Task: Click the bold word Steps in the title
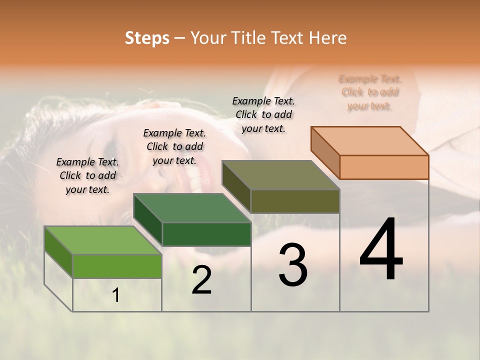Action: (x=146, y=38)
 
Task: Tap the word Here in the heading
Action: (x=328, y=38)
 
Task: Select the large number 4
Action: (x=381, y=250)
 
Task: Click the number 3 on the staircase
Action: (x=293, y=265)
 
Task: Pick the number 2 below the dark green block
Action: (x=201, y=280)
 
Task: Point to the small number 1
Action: (x=116, y=295)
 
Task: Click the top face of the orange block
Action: (x=369, y=140)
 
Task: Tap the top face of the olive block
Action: (x=280, y=175)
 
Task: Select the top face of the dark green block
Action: (x=191, y=208)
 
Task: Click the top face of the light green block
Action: (x=102, y=240)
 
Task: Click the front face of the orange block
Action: (x=384, y=167)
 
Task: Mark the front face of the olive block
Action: (x=295, y=201)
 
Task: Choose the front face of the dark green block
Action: (x=206, y=234)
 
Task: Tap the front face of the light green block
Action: (x=117, y=266)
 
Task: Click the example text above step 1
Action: (x=87, y=175)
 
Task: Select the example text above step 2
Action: (x=174, y=146)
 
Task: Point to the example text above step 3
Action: (x=263, y=114)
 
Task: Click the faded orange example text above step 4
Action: (x=370, y=92)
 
